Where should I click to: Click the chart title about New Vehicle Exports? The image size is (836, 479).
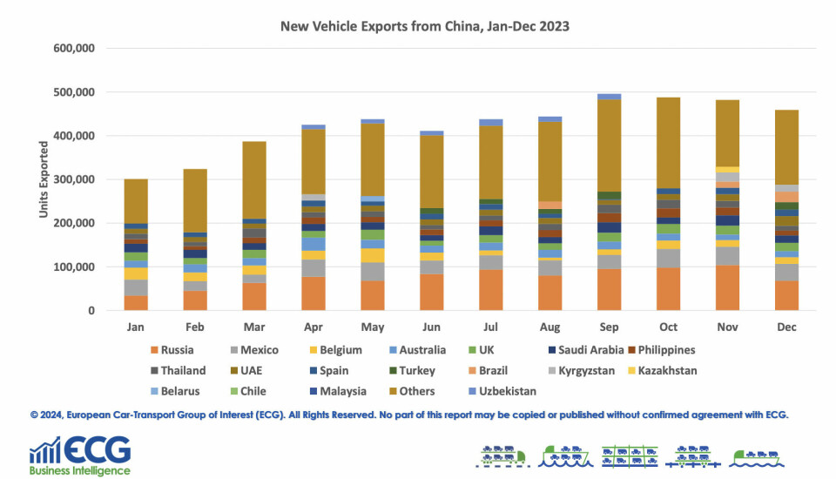425,26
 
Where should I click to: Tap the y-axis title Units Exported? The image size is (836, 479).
43,179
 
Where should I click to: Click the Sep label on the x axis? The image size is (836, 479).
609,327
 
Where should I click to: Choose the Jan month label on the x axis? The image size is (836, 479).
135,327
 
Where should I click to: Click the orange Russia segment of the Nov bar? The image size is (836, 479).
727,288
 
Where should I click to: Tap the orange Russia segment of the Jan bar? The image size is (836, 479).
135,302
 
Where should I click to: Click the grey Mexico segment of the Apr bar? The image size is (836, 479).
313,267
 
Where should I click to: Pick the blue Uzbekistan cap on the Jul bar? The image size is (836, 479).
490,123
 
